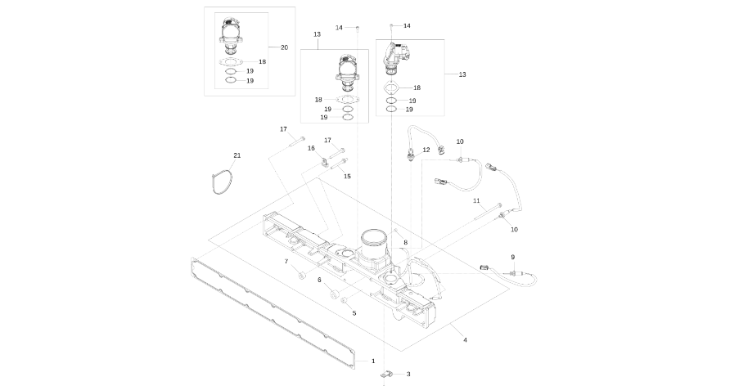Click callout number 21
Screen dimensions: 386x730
click(237, 155)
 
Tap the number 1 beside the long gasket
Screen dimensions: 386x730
click(373, 361)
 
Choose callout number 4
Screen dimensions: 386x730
click(465, 339)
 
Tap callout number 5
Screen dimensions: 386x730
click(354, 312)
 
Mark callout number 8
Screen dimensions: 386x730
click(405, 243)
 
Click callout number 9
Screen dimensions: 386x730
click(513, 258)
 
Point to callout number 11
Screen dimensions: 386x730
click(475, 200)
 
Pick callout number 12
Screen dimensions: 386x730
click(426, 150)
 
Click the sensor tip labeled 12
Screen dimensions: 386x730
click(409, 156)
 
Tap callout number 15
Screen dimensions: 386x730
click(347, 176)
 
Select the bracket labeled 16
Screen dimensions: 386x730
click(325, 163)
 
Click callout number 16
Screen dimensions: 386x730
click(312, 148)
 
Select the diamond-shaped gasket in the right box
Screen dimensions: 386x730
click(392, 88)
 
